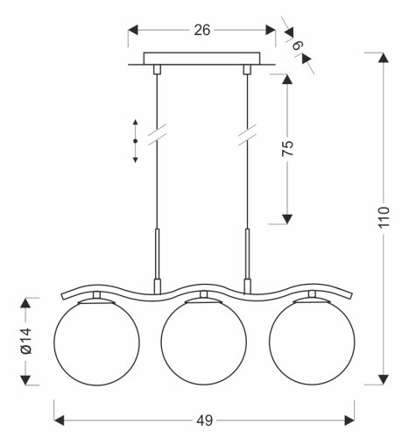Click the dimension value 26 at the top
(x=201, y=31)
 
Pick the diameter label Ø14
(x=26, y=343)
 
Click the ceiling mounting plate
(x=201, y=62)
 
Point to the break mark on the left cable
(x=156, y=138)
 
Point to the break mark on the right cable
(x=246, y=138)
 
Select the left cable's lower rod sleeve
(x=156, y=254)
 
